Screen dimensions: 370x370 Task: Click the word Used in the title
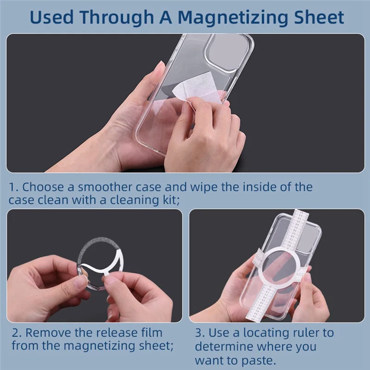[51, 18]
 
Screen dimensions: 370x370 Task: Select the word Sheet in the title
[319, 18]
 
